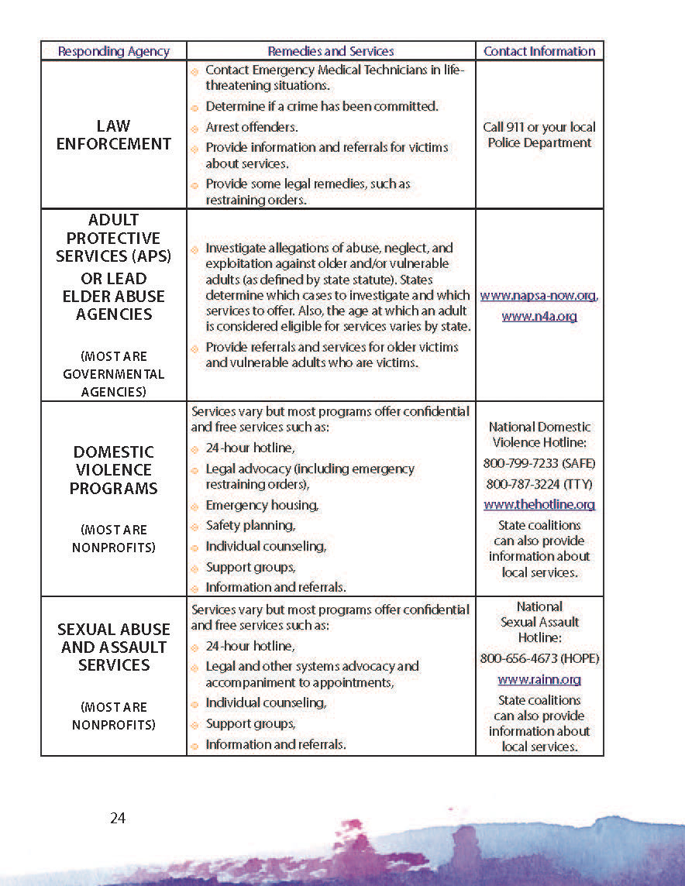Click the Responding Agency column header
[113, 51]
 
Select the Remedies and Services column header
[331, 51]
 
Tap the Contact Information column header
[539, 51]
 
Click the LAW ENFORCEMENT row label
[114, 135]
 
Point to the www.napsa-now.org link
[539, 296]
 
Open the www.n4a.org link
[539, 316]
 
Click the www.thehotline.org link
[539, 504]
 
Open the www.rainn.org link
[539, 680]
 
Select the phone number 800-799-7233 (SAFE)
[539, 463]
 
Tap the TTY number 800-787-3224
[539, 484]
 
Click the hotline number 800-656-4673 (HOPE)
[539, 659]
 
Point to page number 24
[118, 818]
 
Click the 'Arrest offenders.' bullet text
[251, 127]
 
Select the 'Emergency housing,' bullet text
[262, 505]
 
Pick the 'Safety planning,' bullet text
[250, 525]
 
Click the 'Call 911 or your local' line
[539, 127]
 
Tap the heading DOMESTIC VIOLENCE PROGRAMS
[114, 470]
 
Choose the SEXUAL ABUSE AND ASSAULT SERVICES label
[114, 647]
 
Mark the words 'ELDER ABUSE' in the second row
[114, 296]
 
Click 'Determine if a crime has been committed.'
[322, 106]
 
